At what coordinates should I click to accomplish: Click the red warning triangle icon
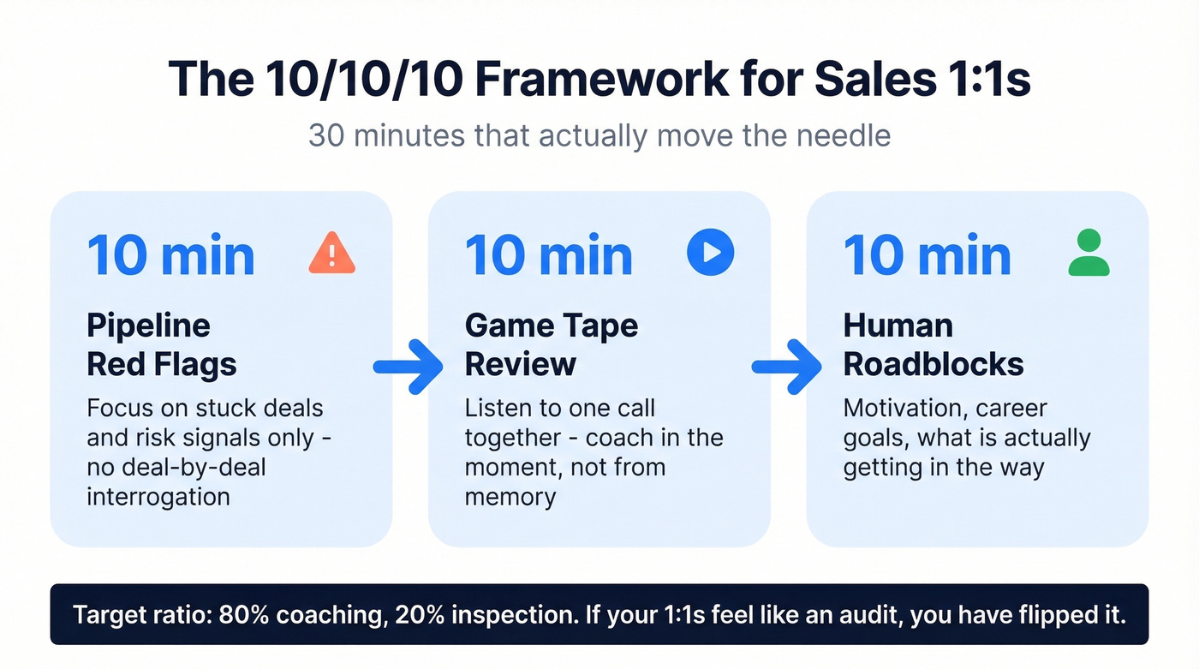(331, 254)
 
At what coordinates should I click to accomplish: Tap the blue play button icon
(711, 252)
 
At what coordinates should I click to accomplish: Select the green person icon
(1089, 254)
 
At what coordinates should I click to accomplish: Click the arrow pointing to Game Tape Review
(409, 366)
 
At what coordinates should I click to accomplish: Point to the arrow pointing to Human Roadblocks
(786, 366)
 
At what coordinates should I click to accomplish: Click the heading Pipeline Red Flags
(162, 344)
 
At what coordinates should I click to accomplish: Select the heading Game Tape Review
(552, 344)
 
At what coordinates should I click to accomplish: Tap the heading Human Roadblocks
(934, 344)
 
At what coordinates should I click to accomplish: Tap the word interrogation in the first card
(158, 496)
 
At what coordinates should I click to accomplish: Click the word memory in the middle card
(510, 496)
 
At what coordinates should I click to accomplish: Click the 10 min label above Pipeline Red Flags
(170, 255)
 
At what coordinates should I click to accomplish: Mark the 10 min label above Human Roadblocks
(927, 255)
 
